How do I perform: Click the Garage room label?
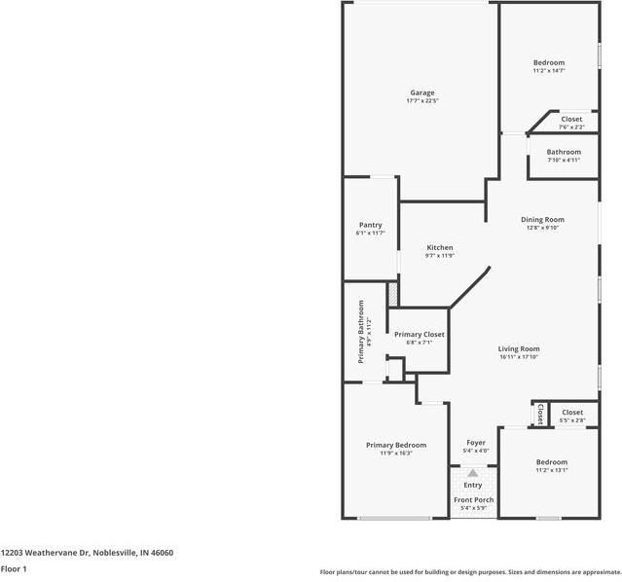(422, 92)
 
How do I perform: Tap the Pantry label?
(371, 225)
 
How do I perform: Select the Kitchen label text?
(440, 247)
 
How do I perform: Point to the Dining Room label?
(542, 219)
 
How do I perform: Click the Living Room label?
(519, 349)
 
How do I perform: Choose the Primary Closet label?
(420, 335)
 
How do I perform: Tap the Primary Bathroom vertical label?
(361, 332)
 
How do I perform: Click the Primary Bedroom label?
(396, 445)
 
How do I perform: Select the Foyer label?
(476, 443)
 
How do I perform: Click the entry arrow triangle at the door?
(472, 473)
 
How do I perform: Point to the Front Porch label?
(474, 500)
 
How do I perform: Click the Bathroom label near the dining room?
(564, 152)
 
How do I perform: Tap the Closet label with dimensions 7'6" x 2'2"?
(571, 119)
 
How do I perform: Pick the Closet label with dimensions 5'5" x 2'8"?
(572, 413)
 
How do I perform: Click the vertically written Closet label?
(540, 414)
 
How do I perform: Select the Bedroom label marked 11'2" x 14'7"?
(549, 62)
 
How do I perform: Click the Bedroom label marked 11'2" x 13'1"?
(552, 462)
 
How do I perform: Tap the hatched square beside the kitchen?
(392, 294)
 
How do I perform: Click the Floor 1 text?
(14, 569)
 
